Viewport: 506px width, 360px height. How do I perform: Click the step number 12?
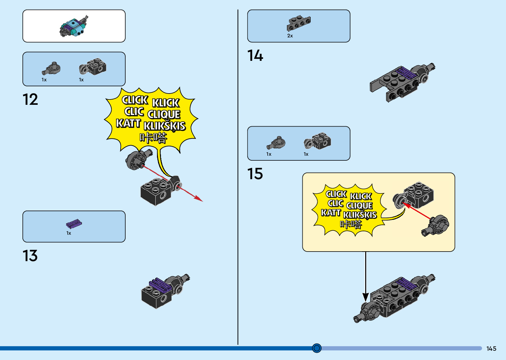point(30,100)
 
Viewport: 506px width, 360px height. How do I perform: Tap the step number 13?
point(30,256)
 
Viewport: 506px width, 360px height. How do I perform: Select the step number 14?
point(255,56)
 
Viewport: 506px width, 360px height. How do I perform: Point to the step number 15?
point(255,174)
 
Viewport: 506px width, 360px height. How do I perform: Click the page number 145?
point(491,349)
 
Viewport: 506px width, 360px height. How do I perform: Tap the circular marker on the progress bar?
point(317,348)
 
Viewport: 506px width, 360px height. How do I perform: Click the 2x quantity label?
point(290,36)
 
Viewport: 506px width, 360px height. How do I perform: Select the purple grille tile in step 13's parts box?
point(74,224)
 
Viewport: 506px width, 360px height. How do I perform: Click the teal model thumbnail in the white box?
point(74,26)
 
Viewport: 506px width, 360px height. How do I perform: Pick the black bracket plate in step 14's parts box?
point(299,23)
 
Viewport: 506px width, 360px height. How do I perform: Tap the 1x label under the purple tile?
point(69,233)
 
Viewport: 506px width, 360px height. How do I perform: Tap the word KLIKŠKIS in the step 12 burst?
point(165,126)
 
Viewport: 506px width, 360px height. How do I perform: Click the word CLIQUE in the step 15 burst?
point(359,206)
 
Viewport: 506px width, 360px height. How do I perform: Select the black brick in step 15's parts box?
point(318,141)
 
